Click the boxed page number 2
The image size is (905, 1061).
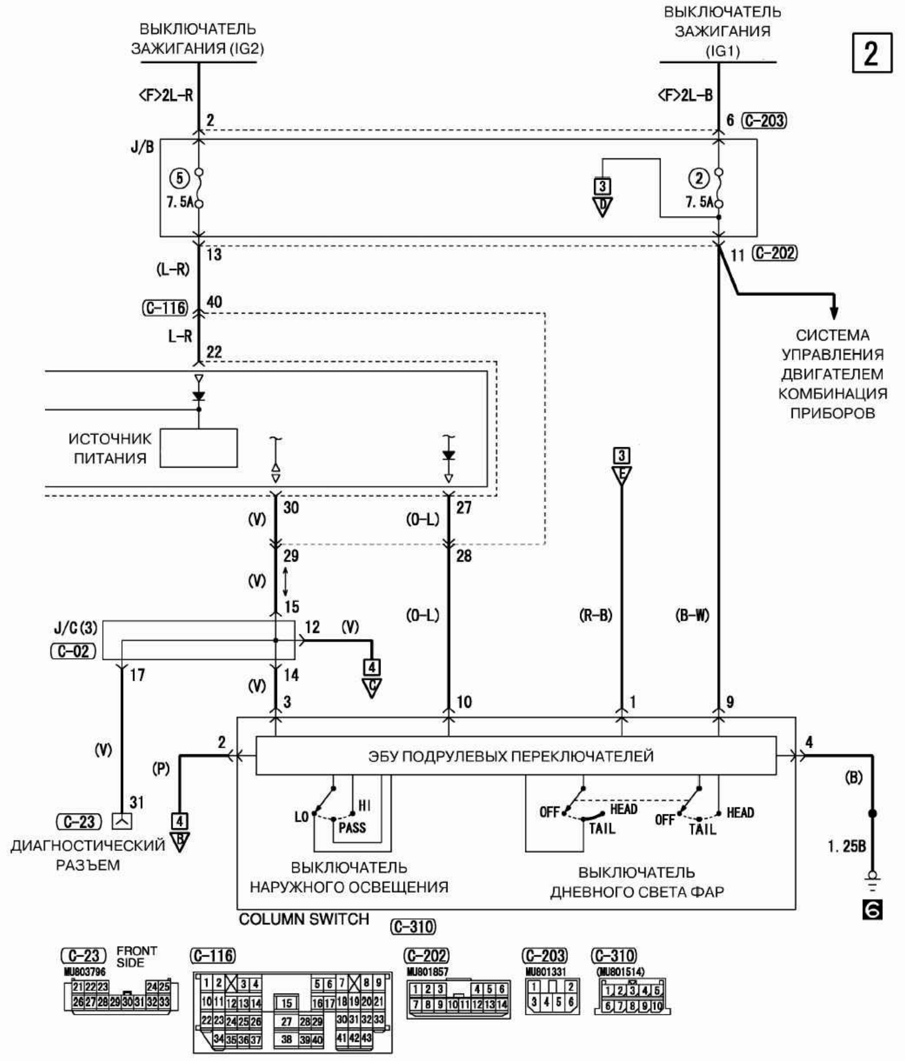point(872,53)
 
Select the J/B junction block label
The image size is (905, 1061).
point(142,147)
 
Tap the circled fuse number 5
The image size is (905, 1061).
point(179,178)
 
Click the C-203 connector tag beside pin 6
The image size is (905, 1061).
point(764,120)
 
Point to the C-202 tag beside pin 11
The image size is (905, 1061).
point(775,253)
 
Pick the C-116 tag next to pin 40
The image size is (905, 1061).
point(165,308)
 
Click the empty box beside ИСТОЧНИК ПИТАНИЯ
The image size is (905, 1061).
point(198,448)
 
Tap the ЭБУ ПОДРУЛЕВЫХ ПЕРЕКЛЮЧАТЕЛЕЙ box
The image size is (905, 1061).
point(515,756)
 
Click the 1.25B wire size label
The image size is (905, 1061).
point(847,846)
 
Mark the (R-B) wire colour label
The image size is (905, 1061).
point(595,615)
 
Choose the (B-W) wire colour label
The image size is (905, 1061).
point(692,615)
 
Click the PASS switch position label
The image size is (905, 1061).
point(352,827)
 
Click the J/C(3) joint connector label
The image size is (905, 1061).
point(75,628)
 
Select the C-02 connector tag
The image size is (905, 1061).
point(73,651)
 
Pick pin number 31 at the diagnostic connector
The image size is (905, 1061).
point(136,802)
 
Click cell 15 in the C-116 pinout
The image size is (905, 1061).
point(286,1004)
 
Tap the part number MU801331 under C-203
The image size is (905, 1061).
point(546,971)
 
